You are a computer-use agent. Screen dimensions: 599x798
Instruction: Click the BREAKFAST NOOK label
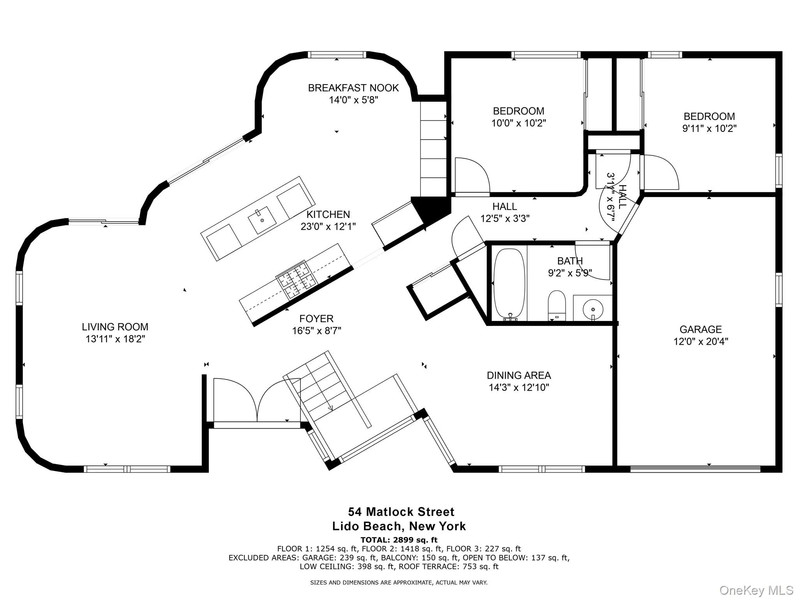[353, 88]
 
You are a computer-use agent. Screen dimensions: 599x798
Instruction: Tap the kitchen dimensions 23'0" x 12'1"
[328, 227]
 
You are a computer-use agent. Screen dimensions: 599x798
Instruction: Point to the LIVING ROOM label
[115, 327]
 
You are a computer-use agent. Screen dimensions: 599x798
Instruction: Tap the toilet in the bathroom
[556, 304]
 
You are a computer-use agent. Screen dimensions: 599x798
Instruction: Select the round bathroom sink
[593, 309]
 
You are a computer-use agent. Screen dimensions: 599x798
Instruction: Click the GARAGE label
[701, 330]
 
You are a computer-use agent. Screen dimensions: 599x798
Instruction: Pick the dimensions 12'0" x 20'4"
[701, 342]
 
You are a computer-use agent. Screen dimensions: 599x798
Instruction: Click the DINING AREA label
[519, 376]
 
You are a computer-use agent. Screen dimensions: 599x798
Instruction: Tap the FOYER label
[316, 319]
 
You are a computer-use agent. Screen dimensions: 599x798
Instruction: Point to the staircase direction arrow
[330, 408]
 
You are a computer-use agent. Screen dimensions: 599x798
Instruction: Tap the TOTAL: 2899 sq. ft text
[399, 540]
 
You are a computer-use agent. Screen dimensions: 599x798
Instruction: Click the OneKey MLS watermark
[756, 590]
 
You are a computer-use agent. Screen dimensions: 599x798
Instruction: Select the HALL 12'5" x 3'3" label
[505, 213]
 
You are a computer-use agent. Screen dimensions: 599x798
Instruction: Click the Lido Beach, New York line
[399, 526]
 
